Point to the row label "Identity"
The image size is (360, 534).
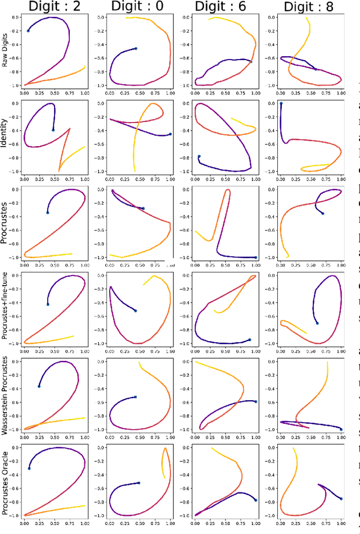point(6,137)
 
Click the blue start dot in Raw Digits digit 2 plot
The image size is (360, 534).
point(28,30)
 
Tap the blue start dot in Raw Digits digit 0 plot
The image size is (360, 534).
point(136,48)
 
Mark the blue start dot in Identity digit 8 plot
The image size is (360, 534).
point(281,103)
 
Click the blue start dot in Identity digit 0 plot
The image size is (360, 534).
point(170,134)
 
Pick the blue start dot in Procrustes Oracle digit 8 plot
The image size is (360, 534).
point(341,498)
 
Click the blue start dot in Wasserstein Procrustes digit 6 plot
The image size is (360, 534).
point(255,401)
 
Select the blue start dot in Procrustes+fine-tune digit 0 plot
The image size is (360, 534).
point(136,310)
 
